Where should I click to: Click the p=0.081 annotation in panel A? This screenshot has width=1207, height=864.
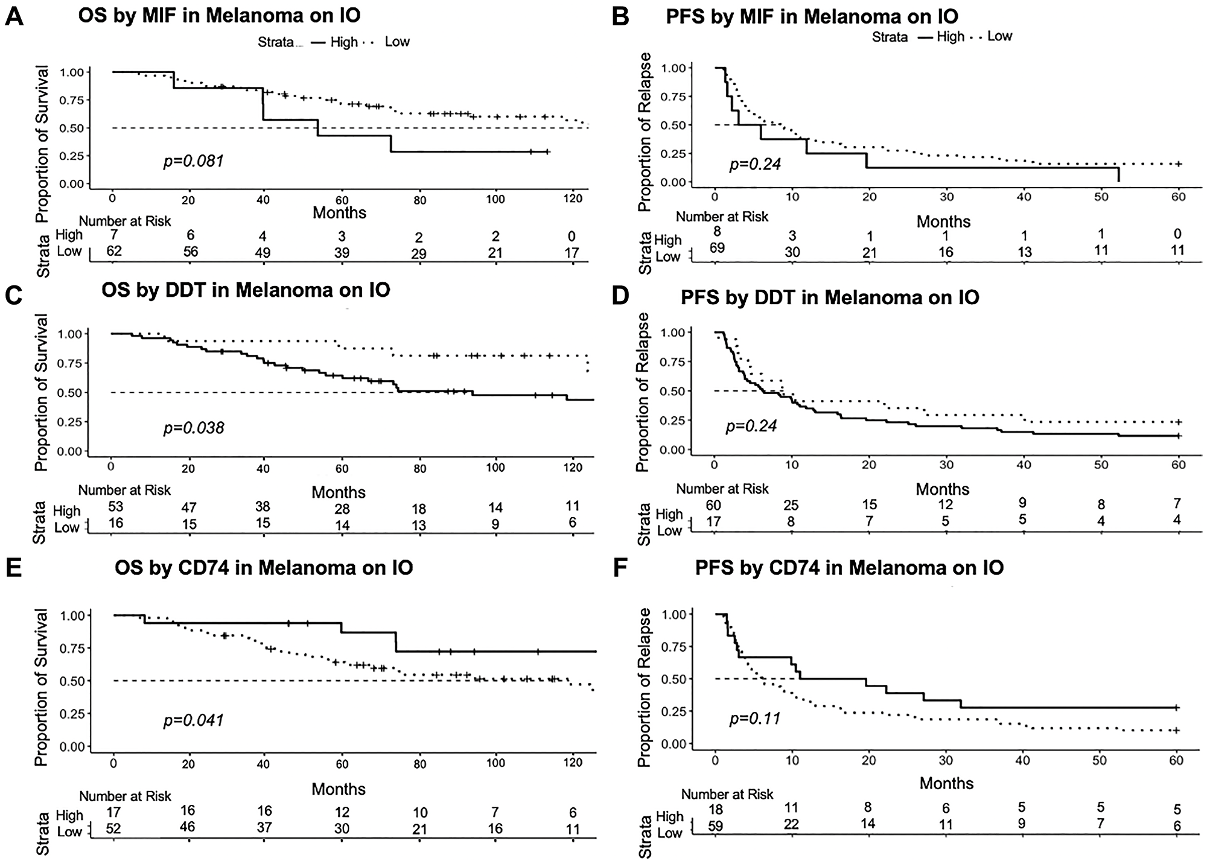(x=193, y=161)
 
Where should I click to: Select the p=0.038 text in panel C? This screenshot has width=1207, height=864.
(x=193, y=428)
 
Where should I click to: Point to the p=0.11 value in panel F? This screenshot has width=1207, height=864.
(x=755, y=719)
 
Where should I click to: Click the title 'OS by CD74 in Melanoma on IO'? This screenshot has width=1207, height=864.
(x=264, y=568)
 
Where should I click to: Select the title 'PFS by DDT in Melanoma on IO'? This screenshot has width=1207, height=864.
(x=830, y=297)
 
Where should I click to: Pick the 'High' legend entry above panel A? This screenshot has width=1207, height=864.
(x=343, y=42)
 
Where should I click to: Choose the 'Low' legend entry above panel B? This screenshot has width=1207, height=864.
(x=999, y=36)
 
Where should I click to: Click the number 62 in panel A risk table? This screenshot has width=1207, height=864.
(x=113, y=250)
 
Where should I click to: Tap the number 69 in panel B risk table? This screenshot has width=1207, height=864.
(x=717, y=248)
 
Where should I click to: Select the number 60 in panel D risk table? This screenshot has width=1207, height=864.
(x=714, y=504)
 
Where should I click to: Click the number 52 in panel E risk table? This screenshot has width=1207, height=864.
(x=113, y=829)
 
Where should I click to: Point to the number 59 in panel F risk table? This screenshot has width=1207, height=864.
(x=715, y=824)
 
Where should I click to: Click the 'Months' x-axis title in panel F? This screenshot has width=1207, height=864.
(x=946, y=783)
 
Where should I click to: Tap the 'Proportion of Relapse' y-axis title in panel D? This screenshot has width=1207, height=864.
(x=643, y=392)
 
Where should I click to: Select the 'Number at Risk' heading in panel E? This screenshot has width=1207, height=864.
(x=125, y=796)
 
